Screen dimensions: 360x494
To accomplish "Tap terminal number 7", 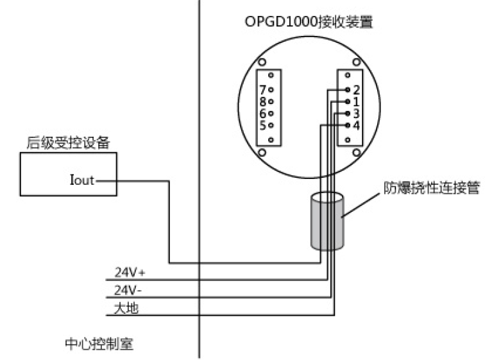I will pos(263,90).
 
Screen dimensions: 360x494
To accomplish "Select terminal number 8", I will pos(263,101).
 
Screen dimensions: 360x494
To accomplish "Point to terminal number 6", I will pos(263,113).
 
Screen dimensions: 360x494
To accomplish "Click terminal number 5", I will pos(263,124).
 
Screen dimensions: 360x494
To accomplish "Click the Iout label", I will pos(81,180).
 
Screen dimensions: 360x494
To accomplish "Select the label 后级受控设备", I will pos(64,142).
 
